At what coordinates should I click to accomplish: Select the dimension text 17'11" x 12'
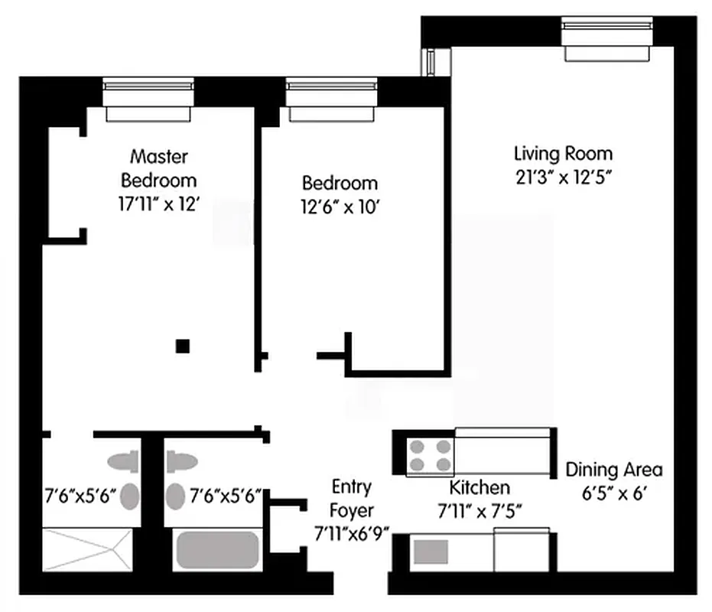[158, 205]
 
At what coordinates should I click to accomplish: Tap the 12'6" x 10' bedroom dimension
[340, 207]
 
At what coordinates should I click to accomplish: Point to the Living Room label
[563, 153]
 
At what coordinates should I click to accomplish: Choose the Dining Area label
[613, 470]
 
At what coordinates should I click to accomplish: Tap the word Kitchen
[479, 487]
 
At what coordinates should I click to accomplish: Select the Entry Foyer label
[352, 498]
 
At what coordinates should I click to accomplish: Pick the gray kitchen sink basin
[431, 552]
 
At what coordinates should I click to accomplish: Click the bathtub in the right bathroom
[218, 550]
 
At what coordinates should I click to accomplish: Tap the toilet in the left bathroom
[122, 461]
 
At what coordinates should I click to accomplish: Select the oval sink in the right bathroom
[177, 496]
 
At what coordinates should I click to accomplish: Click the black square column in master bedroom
[182, 346]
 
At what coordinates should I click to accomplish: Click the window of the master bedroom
[148, 99]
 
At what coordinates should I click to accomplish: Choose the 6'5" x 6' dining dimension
[613, 493]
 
